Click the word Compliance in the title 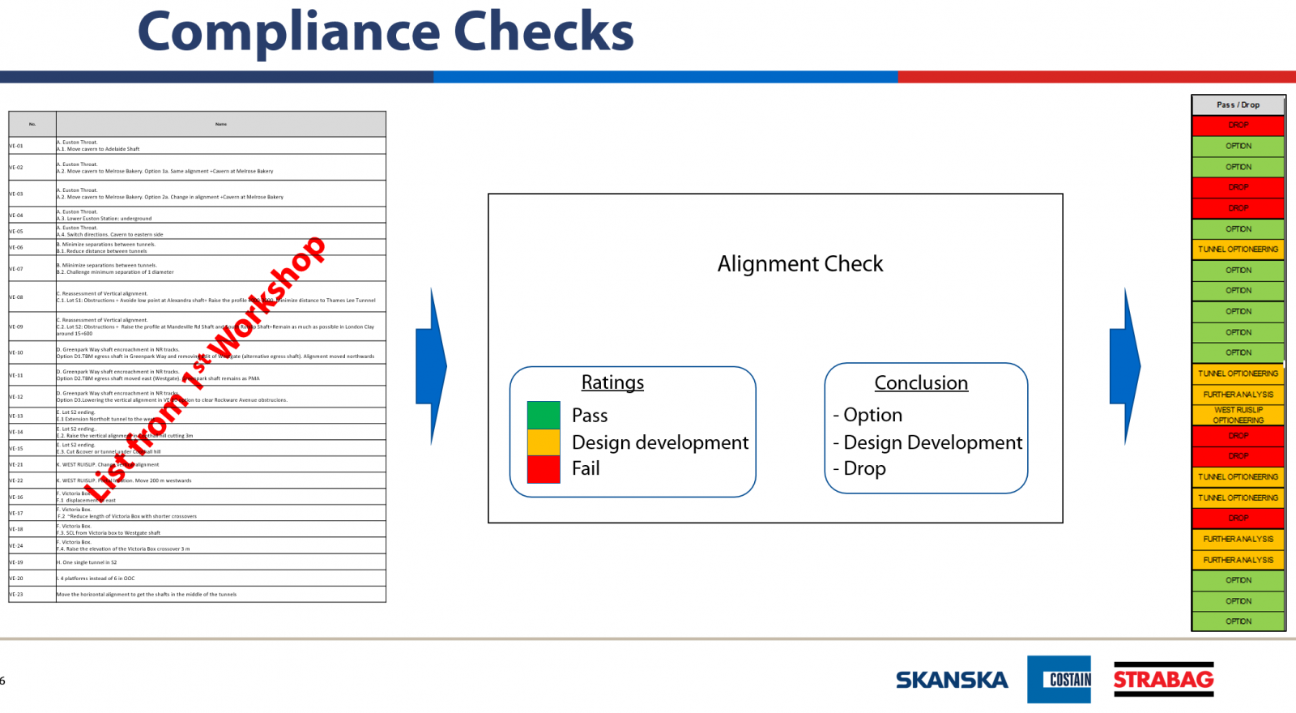(288, 32)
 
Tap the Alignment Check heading (800, 264)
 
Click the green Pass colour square (544, 415)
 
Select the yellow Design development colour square (544, 442)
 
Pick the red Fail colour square (544, 469)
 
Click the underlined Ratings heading (612, 382)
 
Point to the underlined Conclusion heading (921, 383)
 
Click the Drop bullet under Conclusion (859, 469)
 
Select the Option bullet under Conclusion (868, 415)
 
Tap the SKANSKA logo (952, 680)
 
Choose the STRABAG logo (1163, 679)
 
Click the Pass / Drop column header (1238, 105)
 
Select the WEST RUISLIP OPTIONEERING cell (1238, 415)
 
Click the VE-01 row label (17, 146)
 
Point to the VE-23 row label (17, 594)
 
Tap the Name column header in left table (221, 124)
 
